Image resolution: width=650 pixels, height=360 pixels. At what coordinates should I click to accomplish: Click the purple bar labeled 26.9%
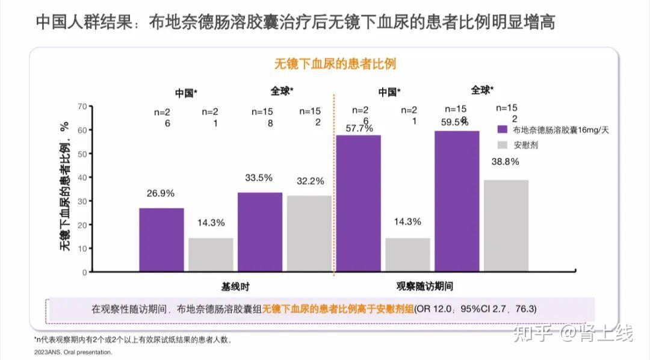pyautogui.click(x=161, y=240)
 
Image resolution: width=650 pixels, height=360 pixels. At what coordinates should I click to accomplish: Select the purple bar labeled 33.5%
pyautogui.click(x=260, y=232)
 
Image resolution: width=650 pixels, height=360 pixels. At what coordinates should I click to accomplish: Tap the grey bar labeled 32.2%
pyautogui.click(x=309, y=233)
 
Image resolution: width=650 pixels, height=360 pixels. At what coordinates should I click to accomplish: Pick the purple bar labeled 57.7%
pyautogui.click(x=358, y=203)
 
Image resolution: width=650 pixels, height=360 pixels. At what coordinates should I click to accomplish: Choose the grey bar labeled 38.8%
pyautogui.click(x=506, y=225)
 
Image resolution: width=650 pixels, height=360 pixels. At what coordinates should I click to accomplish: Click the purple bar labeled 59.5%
pyautogui.click(x=457, y=201)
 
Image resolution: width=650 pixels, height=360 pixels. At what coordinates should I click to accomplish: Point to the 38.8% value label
pyautogui.click(x=506, y=161)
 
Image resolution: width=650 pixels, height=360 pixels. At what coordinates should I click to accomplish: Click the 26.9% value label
pyautogui.click(x=161, y=193)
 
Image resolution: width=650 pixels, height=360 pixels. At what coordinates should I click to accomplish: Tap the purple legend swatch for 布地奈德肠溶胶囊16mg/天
pyautogui.click(x=503, y=129)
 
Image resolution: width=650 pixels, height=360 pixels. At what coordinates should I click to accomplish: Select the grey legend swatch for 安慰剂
pyautogui.click(x=503, y=145)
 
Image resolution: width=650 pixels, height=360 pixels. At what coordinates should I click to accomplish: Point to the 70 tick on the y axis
pyautogui.click(x=82, y=107)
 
